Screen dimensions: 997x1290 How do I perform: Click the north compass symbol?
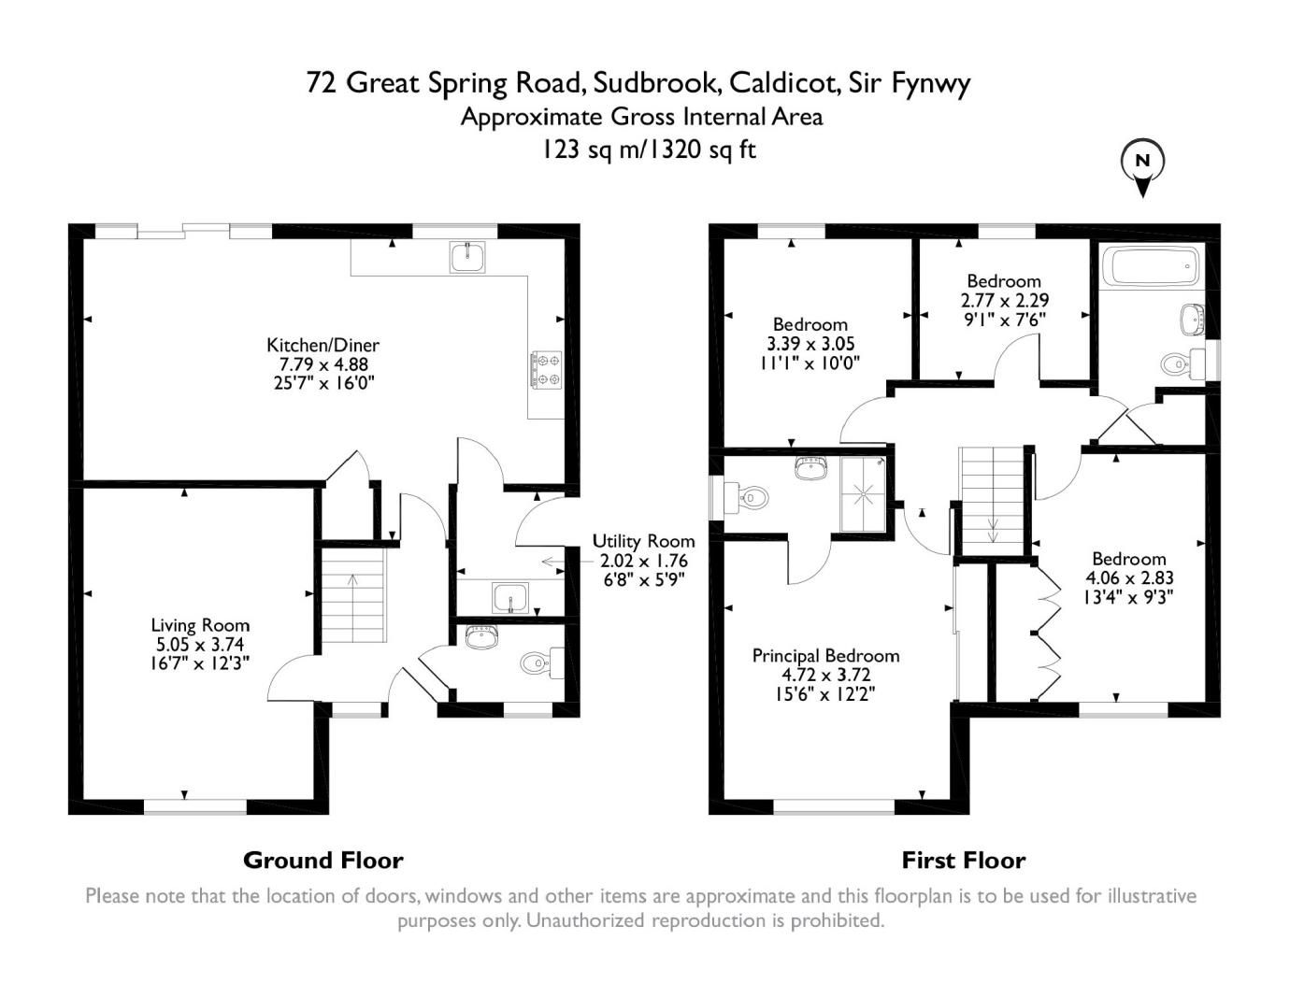tap(1141, 164)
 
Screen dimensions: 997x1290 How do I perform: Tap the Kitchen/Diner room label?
tap(322, 346)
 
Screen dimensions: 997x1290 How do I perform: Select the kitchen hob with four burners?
tap(546, 368)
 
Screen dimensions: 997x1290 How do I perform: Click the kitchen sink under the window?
tap(466, 256)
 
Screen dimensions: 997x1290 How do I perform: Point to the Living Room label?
tap(200, 625)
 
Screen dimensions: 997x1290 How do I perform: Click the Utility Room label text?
tap(643, 541)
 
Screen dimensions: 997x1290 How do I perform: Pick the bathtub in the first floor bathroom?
tap(1150, 266)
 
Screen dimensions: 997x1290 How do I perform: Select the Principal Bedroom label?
tap(825, 656)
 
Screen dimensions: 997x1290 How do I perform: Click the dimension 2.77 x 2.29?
tap(1004, 300)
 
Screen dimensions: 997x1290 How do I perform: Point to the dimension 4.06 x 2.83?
tap(1128, 578)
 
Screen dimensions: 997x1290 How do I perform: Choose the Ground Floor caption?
tap(322, 860)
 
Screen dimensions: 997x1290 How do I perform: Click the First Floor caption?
tap(963, 860)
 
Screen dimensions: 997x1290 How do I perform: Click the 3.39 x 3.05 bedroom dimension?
tap(810, 344)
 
